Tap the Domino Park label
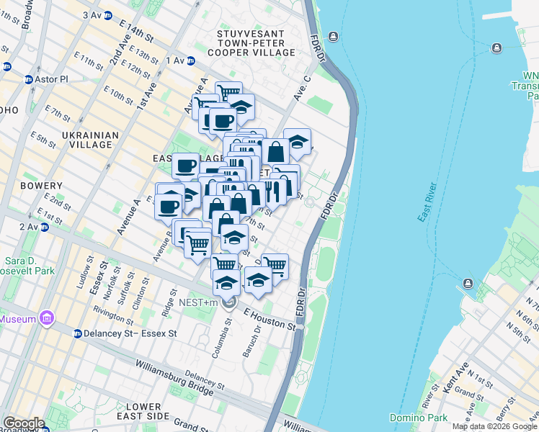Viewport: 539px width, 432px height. coord(418,418)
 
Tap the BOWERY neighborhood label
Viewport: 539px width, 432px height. coord(42,186)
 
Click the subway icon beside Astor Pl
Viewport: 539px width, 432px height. coord(29,80)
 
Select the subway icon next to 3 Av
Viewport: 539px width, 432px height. coord(107,15)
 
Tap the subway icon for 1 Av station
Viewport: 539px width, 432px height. coord(191,61)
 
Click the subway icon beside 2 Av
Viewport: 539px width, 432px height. coord(44,227)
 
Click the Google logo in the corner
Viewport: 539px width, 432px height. coord(23,423)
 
